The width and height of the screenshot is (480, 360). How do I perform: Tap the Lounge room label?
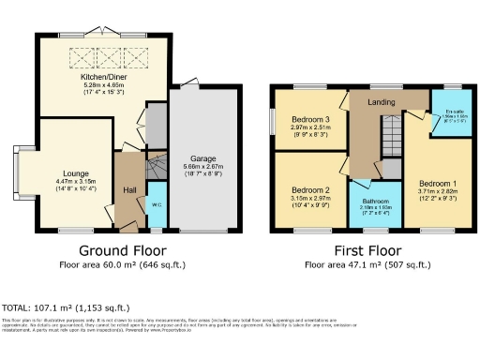pos(75,173)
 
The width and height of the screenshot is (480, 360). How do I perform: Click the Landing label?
pos(380,102)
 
